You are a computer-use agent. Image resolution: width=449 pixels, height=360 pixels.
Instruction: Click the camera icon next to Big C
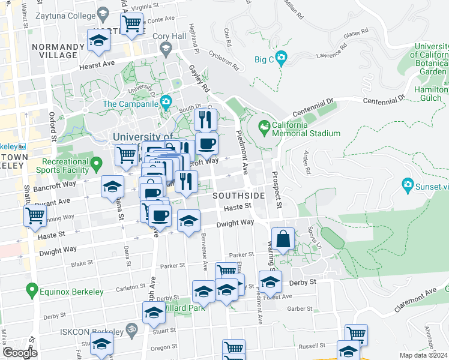click(281, 59)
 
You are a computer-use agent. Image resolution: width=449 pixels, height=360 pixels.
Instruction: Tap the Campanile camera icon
click(165, 103)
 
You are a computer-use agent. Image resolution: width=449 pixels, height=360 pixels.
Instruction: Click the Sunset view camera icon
click(408, 185)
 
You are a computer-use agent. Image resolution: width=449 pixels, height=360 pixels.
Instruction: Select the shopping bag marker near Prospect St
click(283, 239)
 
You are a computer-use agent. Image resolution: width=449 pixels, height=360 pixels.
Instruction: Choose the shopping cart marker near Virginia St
click(131, 24)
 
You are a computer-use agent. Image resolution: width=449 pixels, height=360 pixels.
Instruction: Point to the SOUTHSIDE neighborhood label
click(238, 196)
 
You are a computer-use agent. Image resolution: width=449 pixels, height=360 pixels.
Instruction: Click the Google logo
click(20, 353)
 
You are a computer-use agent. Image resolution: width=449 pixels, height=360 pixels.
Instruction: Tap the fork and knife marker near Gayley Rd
click(205, 120)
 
